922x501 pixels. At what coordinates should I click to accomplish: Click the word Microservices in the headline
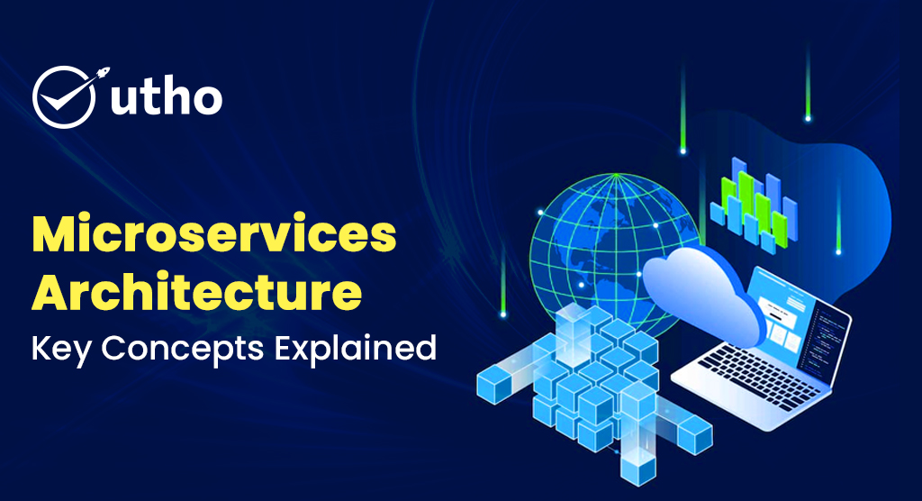coord(214,234)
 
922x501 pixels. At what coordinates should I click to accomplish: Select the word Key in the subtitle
coord(61,349)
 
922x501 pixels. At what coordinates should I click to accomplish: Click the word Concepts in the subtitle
coord(182,350)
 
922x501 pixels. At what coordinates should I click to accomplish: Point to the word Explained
coord(356,348)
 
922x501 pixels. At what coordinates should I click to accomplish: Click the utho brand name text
coord(167,97)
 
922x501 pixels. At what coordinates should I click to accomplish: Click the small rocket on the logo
coord(103,74)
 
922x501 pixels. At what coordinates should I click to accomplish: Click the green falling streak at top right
coord(808,82)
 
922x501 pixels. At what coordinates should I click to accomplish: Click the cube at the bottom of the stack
coord(638,468)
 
